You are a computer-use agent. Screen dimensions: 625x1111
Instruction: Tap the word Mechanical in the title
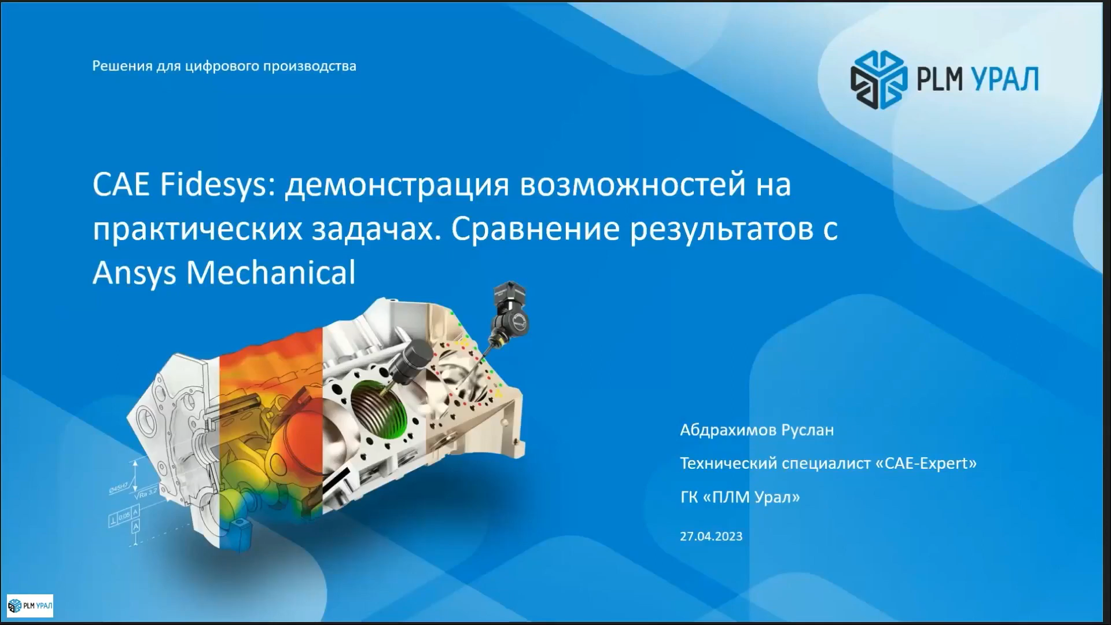[x=270, y=273]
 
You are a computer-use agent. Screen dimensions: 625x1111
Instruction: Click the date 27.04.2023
[x=711, y=536]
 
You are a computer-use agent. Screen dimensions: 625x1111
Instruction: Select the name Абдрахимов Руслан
[x=756, y=430]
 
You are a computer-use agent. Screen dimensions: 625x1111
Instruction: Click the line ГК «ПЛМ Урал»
[x=740, y=497]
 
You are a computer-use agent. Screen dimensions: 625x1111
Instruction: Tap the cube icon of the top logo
[x=877, y=79]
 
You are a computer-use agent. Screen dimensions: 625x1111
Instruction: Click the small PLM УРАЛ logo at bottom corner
[x=30, y=606]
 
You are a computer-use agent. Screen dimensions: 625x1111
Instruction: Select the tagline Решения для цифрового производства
[x=224, y=66]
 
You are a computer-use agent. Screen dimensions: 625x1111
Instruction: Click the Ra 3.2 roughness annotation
[x=146, y=493]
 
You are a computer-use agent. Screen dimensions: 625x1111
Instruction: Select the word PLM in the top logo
[x=940, y=79]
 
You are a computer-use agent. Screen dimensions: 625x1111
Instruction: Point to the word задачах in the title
[x=373, y=229]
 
